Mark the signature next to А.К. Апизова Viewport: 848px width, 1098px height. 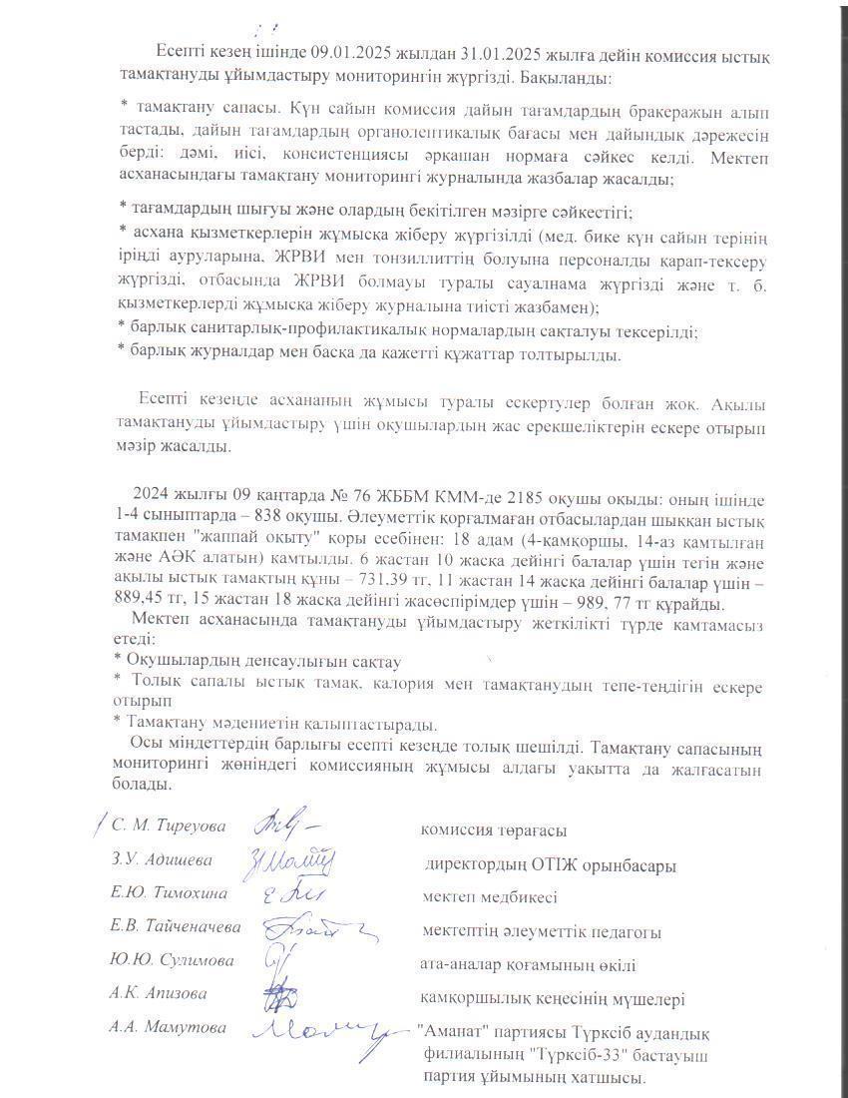pos(280,997)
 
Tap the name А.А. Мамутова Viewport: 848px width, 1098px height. pos(170,1027)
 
